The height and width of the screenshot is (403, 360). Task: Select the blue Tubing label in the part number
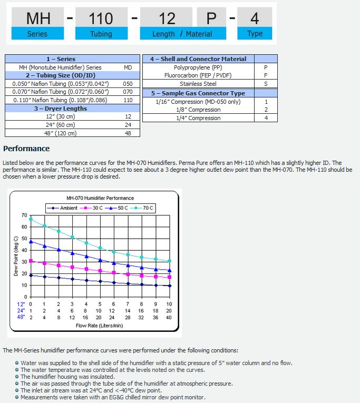(101, 34)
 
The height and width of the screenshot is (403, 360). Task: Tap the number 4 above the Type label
(255, 18)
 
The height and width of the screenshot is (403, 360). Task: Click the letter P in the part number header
(211, 18)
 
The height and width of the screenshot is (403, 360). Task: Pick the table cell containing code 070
(128, 92)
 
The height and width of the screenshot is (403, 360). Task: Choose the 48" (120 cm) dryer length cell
(60, 133)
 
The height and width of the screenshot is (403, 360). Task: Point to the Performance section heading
(26, 149)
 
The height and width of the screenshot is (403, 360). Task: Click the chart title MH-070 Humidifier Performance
(100, 198)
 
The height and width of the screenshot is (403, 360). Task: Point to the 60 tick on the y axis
(24, 227)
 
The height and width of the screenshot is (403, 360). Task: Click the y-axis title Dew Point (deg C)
(16, 256)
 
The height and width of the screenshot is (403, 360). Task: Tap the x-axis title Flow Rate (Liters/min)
(100, 325)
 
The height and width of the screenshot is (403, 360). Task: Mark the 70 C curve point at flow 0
(31, 219)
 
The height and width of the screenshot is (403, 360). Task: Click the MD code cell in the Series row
(128, 67)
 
